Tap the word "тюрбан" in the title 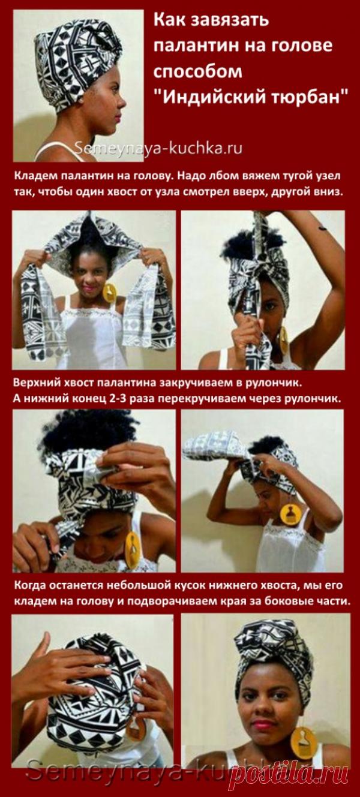tap(310, 97)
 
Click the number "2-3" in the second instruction tap(113, 398)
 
